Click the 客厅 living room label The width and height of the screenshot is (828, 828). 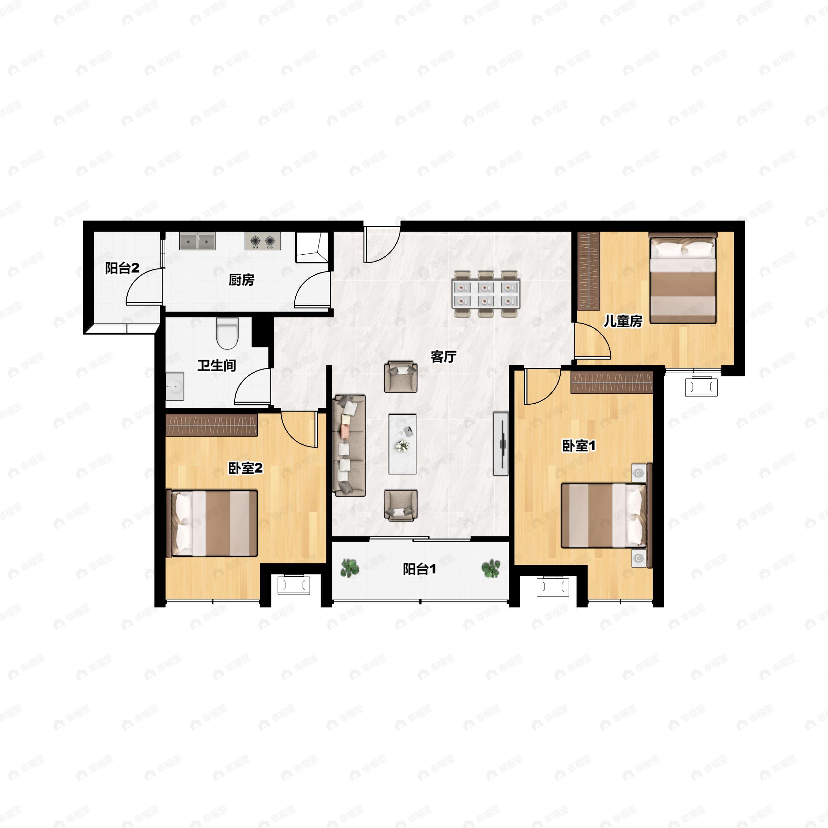pos(444,357)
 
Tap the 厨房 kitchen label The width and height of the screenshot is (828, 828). pos(241,280)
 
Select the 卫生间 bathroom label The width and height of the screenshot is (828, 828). pos(217,366)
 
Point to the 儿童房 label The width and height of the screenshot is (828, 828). pos(623,321)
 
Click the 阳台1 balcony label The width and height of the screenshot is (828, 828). pos(420,570)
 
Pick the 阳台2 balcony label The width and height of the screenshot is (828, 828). pos(122,269)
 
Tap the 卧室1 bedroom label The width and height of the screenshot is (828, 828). pos(579,446)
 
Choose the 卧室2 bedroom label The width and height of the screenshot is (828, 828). pos(245,469)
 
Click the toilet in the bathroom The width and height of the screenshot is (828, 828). pos(227,333)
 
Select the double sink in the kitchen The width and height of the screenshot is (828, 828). pos(197,241)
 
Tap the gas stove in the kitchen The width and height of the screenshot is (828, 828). pos(263,241)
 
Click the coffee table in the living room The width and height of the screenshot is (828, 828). pos(402,444)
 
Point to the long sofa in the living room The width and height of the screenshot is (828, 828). pos(349,445)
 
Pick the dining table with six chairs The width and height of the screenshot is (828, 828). pos(486,294)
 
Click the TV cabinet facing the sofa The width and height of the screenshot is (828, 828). pos(501,444)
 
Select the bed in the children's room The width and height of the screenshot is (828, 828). pos(683,278)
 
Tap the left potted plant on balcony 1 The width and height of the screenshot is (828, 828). pos(350,568)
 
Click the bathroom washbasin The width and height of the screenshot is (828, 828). pos(175,386)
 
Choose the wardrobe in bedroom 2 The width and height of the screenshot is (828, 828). pos(212,425)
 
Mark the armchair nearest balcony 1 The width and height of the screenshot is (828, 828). pos(401,506)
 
